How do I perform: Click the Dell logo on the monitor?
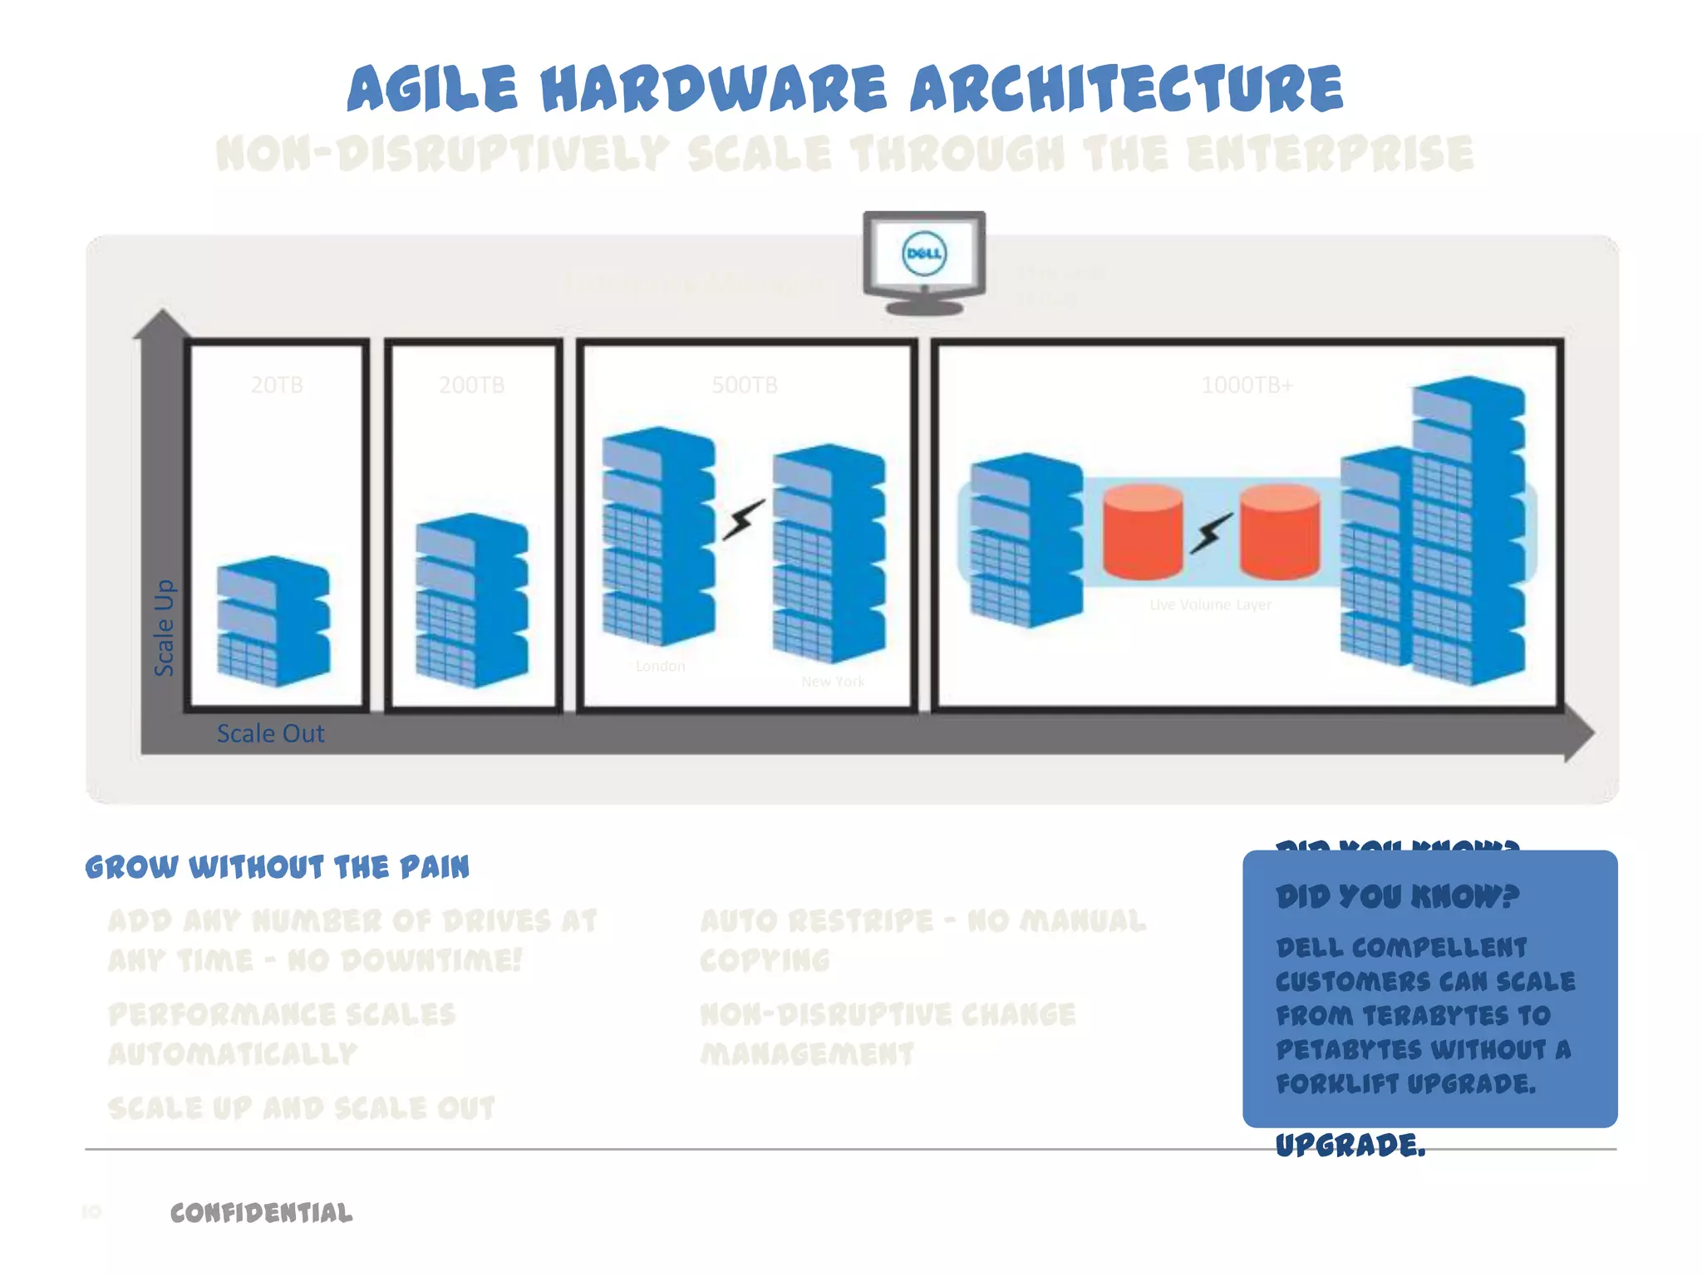(924, 254)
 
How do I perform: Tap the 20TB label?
(277, 385)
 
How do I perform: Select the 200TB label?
(471, 385)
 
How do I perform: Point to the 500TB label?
(745, 385)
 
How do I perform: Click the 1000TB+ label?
(1247, 385)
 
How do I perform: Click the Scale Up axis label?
(165, 628)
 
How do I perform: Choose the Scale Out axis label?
(270, 733)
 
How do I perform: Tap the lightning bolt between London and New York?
(743, 520)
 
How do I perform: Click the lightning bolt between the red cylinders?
(1212, 532)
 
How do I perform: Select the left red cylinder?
(1143, 532)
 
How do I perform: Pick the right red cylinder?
(1280, 532)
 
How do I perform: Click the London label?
(660, 666)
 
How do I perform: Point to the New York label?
(833, 682)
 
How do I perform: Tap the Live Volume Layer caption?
(1210, 604)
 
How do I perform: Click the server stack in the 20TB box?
(273, 621)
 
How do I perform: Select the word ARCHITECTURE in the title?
(1126, 89)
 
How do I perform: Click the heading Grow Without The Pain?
(277, 867)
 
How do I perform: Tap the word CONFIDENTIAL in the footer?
(261, 1213)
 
